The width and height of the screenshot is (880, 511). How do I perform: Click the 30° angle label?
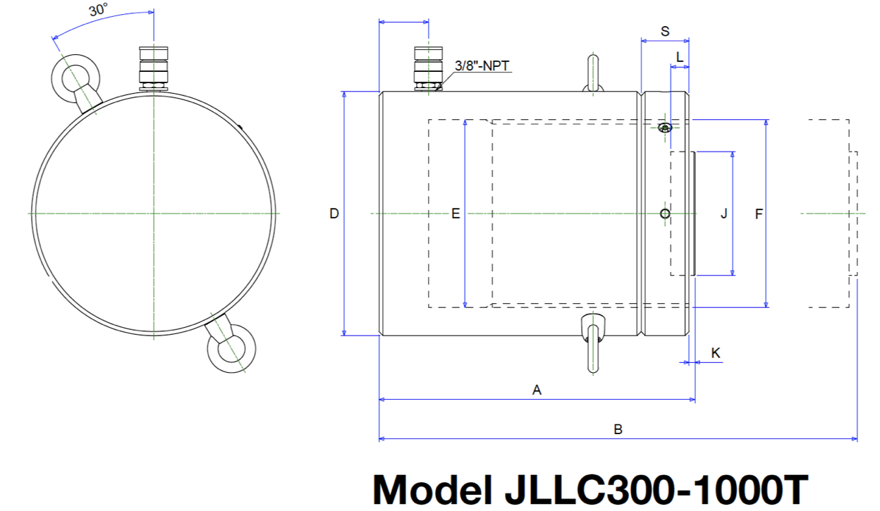click(99, 11)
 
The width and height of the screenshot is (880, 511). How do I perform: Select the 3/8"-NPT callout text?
click(482, 66)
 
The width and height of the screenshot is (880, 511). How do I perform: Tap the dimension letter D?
click(334, 214)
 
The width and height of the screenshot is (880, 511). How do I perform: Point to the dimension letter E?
click(456, 214)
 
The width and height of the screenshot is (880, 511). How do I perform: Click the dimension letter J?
click(723, 214)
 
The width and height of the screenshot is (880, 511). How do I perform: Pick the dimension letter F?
click(759, 214)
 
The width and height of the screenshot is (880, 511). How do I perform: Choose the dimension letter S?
click(665, 31)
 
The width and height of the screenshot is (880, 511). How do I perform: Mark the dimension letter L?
click(679, 56)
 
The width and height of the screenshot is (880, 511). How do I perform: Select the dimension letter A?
click(537, 390)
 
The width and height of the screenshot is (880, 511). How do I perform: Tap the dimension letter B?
click(618, 429)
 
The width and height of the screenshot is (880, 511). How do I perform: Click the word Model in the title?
click(429, 488)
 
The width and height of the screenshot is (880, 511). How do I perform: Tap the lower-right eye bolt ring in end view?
click(232, 347)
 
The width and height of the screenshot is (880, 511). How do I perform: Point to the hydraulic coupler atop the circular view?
click(153, 68)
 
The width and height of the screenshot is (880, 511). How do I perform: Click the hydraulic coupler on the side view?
click(427, 68)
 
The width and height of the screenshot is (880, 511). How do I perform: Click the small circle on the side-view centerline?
click(664, 213)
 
